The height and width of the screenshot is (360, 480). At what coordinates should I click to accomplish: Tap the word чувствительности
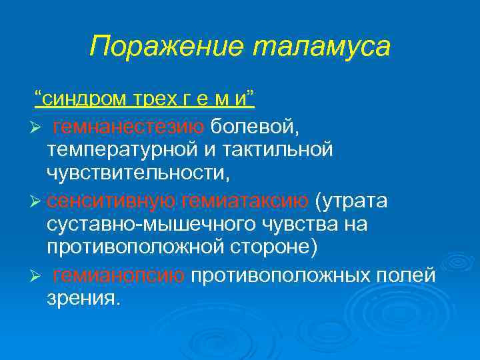pyautogui.click(x=137, y=174)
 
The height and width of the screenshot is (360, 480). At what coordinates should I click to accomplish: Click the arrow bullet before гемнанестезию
pyautogui.click(x=37, y=127)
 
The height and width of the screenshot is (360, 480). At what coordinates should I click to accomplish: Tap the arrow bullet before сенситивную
pyautogui.click(x=37, y=200)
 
